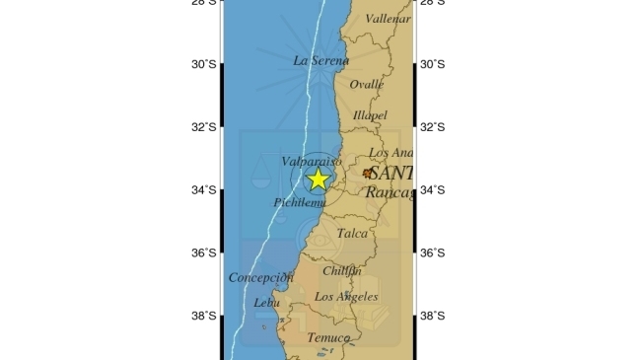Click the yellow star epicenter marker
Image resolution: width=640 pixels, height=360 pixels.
tap(318, 179)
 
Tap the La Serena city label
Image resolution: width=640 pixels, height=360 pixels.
tap(321, 60)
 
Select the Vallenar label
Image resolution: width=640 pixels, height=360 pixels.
tap(388, 18)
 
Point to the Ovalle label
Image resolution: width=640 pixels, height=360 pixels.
tap(366, 85)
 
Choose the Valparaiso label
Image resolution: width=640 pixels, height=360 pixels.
tap(311, 160)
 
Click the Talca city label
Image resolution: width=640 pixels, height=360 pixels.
tap(352, 234)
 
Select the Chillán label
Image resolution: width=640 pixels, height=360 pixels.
tap(342, 270)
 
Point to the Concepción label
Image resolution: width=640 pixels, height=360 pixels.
tap(261, 277)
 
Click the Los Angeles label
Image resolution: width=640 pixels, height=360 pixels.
tap(345, 296)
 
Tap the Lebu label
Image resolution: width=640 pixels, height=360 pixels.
tap(267, 303)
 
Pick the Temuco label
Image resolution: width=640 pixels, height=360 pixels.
tap(328, 337)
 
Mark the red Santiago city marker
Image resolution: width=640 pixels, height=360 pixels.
tap(368, 173)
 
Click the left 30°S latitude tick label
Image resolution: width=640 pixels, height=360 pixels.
tap(204, 64)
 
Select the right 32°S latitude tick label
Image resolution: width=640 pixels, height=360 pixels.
tap(432, 127)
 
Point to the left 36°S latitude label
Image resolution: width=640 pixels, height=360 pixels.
tap(204, 252)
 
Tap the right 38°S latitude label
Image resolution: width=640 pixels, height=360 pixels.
tap(432, 316)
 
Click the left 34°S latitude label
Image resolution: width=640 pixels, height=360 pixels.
tap(204, 190)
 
